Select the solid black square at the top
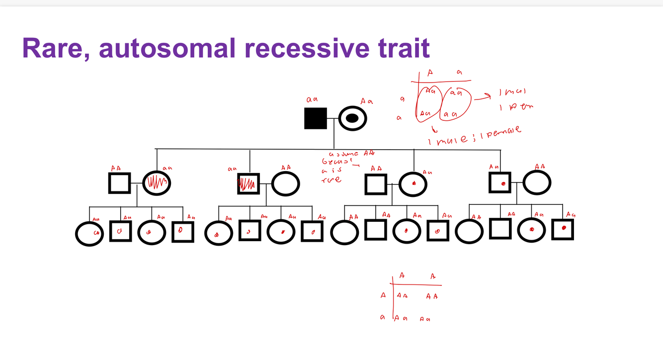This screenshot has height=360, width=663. (316, 118)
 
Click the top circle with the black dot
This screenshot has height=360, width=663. (352, 118)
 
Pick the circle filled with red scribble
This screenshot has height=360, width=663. (157, 183)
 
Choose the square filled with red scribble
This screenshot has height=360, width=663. (249, 184)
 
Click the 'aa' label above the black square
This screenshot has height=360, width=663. (312, 100)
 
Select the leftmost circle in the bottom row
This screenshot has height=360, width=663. (89, 233)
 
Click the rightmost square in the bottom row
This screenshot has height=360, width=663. (563, 230)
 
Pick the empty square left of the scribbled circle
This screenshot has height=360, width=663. (120, 183)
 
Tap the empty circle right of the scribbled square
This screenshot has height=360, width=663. (285, 183)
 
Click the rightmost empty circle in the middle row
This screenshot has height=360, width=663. (536, 183)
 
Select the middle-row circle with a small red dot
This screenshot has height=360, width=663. (413, 184)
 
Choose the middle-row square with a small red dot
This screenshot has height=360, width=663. (500, 183)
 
